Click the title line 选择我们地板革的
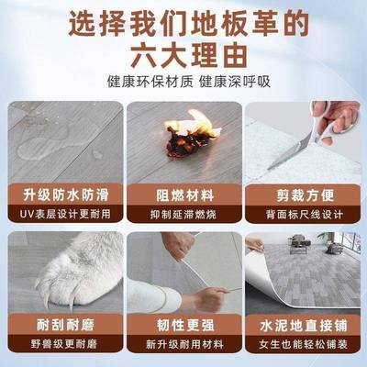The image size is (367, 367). (183, 21)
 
